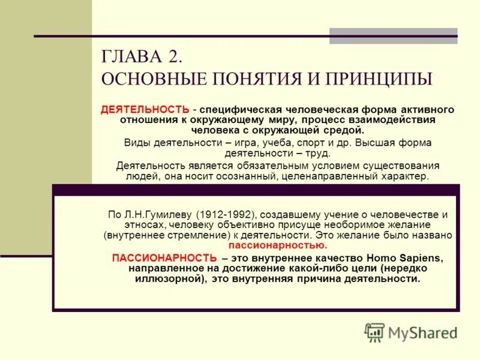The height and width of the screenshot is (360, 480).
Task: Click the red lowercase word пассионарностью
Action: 278,246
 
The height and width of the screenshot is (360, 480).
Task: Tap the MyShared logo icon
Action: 374,332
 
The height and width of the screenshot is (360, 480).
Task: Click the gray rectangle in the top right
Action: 393,36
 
